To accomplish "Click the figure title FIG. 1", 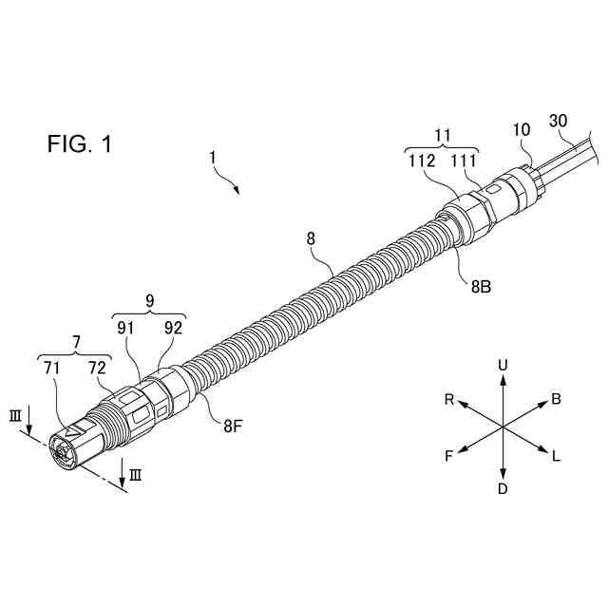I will coord(80,144).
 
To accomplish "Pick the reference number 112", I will coord(423,161).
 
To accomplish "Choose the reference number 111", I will coord(463,161).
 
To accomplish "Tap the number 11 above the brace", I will coord(442,137).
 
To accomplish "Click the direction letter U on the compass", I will coord(503,364).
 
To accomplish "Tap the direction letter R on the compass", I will coord(448,399).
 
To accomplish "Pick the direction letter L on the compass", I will coord(556,457).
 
